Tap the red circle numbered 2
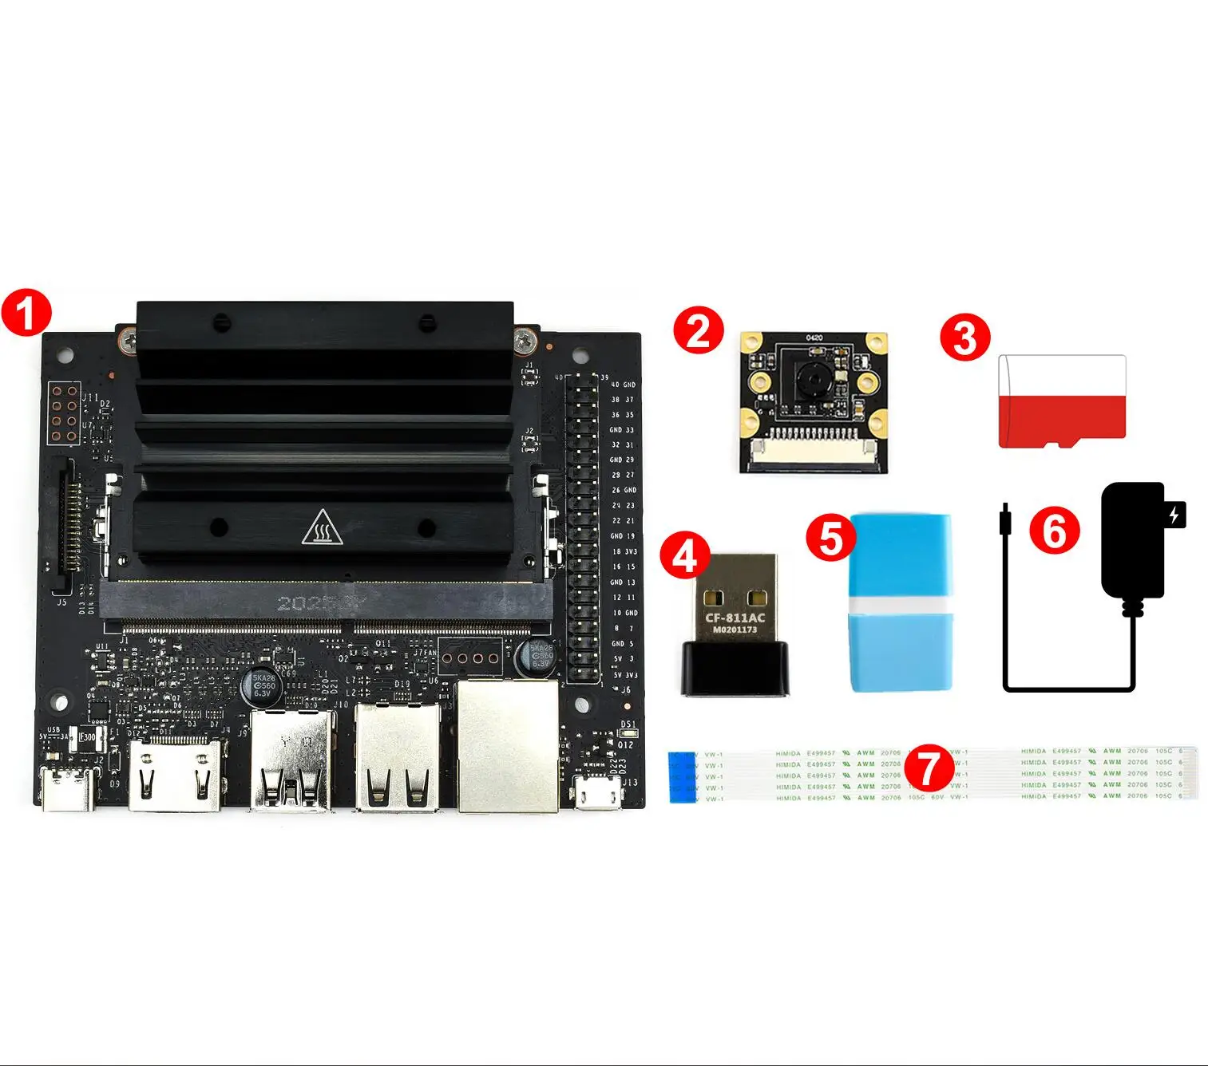click(x=699, y=331)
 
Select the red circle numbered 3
click(x=964, y=337)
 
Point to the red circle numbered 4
click(x=685, y=555)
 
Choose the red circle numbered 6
click(x=1054, y=531)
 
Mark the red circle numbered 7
click(x=929, y=768)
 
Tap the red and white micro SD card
click(x=1062, y=401)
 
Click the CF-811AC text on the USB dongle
click(x=735, y=618)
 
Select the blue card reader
click(x=901, y=602)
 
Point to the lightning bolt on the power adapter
click(x=1174, y=515)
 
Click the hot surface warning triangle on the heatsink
click(x=322, y=527)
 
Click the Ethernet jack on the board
click(x=507, y=746)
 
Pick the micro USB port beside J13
click(x=598, y=793)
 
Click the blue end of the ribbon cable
click(x=683, y=776)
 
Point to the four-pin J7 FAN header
click(x=470, y=658)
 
